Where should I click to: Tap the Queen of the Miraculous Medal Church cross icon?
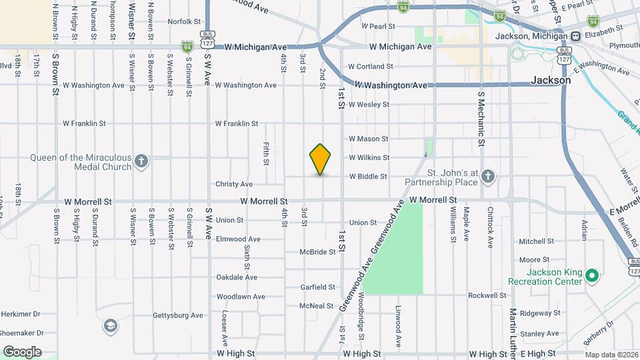[141, 162]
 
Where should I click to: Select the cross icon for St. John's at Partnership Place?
[488, 177]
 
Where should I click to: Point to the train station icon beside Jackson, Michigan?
[574, 37]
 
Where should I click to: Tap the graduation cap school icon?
[110, 326]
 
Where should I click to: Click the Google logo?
[22, 352]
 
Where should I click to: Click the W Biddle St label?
[368, 177]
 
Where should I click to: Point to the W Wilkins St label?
[369, 158]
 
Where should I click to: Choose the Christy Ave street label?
[233, 184]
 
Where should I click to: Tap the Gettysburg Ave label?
[177, 315]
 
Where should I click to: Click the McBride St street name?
[317, 252]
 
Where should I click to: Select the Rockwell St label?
[487, 295]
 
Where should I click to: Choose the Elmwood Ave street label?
[237, 239]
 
